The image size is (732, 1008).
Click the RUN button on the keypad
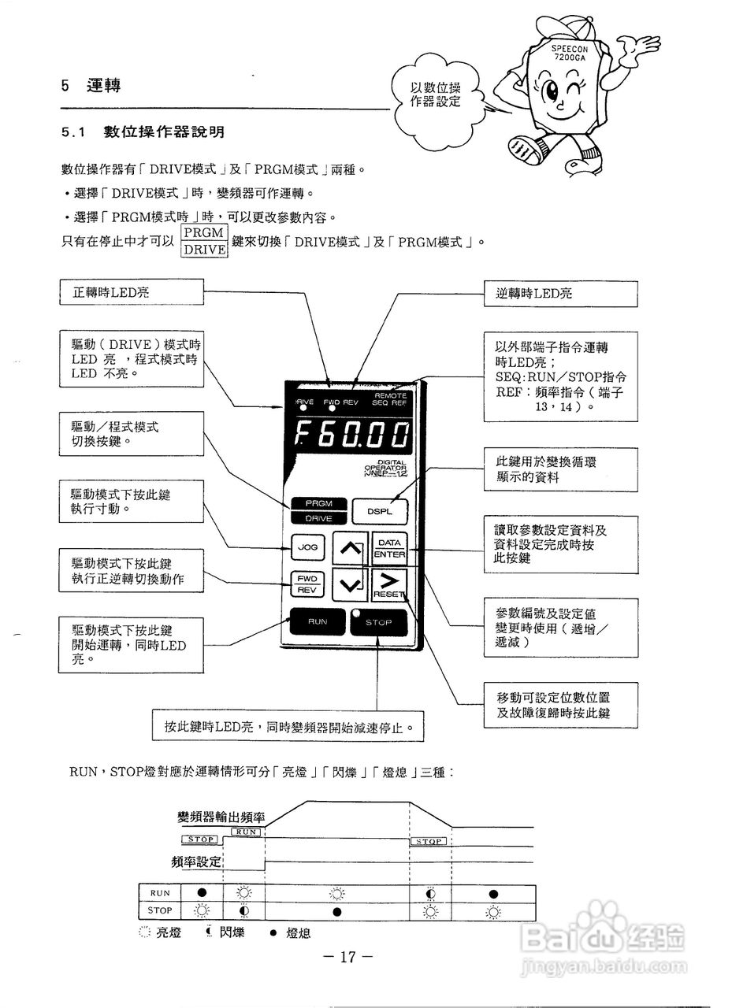318,622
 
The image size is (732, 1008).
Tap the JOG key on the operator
307,546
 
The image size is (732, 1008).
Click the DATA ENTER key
388,548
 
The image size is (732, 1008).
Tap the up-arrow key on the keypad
349,549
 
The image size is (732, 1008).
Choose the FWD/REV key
307,584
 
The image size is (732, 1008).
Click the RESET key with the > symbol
388,585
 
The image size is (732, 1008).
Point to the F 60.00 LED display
352,434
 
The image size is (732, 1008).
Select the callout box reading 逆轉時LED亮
560,293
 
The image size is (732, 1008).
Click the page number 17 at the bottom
347,958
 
